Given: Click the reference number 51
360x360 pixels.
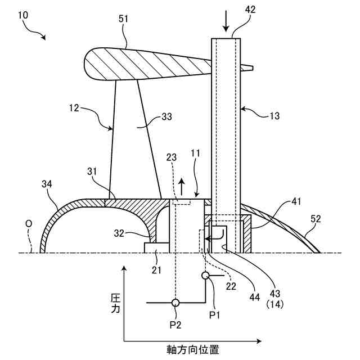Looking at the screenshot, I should pos(123,19).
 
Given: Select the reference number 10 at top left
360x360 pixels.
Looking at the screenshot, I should pos(24,16).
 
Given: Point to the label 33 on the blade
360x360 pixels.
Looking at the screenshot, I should pos(166,117).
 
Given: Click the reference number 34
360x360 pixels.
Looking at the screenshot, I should pos(48,183).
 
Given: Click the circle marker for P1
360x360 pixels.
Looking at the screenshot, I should pos(206,276).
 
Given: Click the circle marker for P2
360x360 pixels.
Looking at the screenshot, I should pos(175,303).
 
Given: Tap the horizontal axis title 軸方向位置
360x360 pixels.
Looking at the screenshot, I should pos(192,349).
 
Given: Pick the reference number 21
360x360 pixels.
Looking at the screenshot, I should pos(156,270).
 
